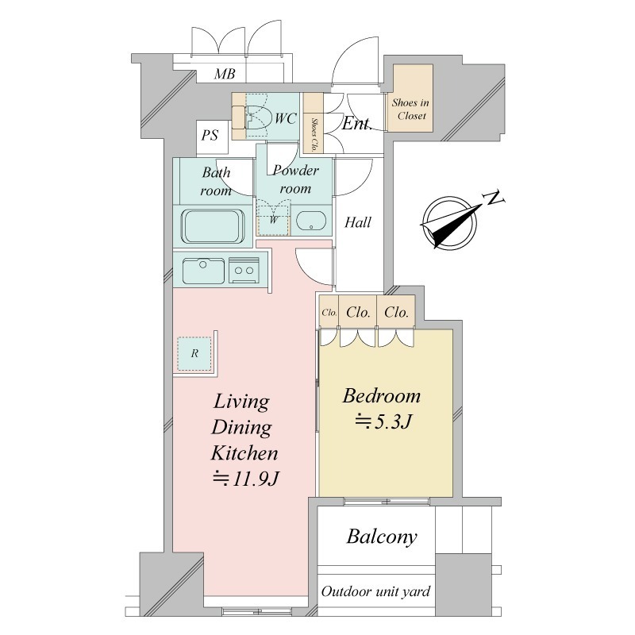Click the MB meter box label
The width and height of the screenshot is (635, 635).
pos(225,74)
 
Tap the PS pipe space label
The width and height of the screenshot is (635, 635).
pos(210,135)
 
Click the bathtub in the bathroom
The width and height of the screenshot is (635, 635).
pos(213,226)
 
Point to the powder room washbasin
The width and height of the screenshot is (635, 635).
pos(311,221)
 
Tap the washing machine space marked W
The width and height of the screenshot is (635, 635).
pos(274,220)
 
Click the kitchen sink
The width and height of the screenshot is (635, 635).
pos(203,271)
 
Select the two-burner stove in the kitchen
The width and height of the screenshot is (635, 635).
pos(244,270)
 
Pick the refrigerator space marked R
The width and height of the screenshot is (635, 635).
pos(194,353)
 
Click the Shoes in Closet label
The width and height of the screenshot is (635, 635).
pos(410,109)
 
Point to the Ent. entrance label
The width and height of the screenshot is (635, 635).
pos(356,124)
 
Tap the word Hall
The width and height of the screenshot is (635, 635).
pos(358,222)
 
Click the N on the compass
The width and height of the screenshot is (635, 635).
pos(494,198)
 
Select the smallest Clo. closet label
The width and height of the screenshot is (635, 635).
pos(329,313)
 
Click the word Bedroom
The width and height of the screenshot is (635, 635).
pos(382,395)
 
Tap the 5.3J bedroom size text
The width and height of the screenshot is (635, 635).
pos(383,421)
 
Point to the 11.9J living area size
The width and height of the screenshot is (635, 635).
pos(246,479)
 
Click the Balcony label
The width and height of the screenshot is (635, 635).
pos(382,537)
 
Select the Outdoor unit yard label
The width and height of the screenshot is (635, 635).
pos(375,591)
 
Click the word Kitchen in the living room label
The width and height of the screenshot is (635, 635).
pos(244,452)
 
